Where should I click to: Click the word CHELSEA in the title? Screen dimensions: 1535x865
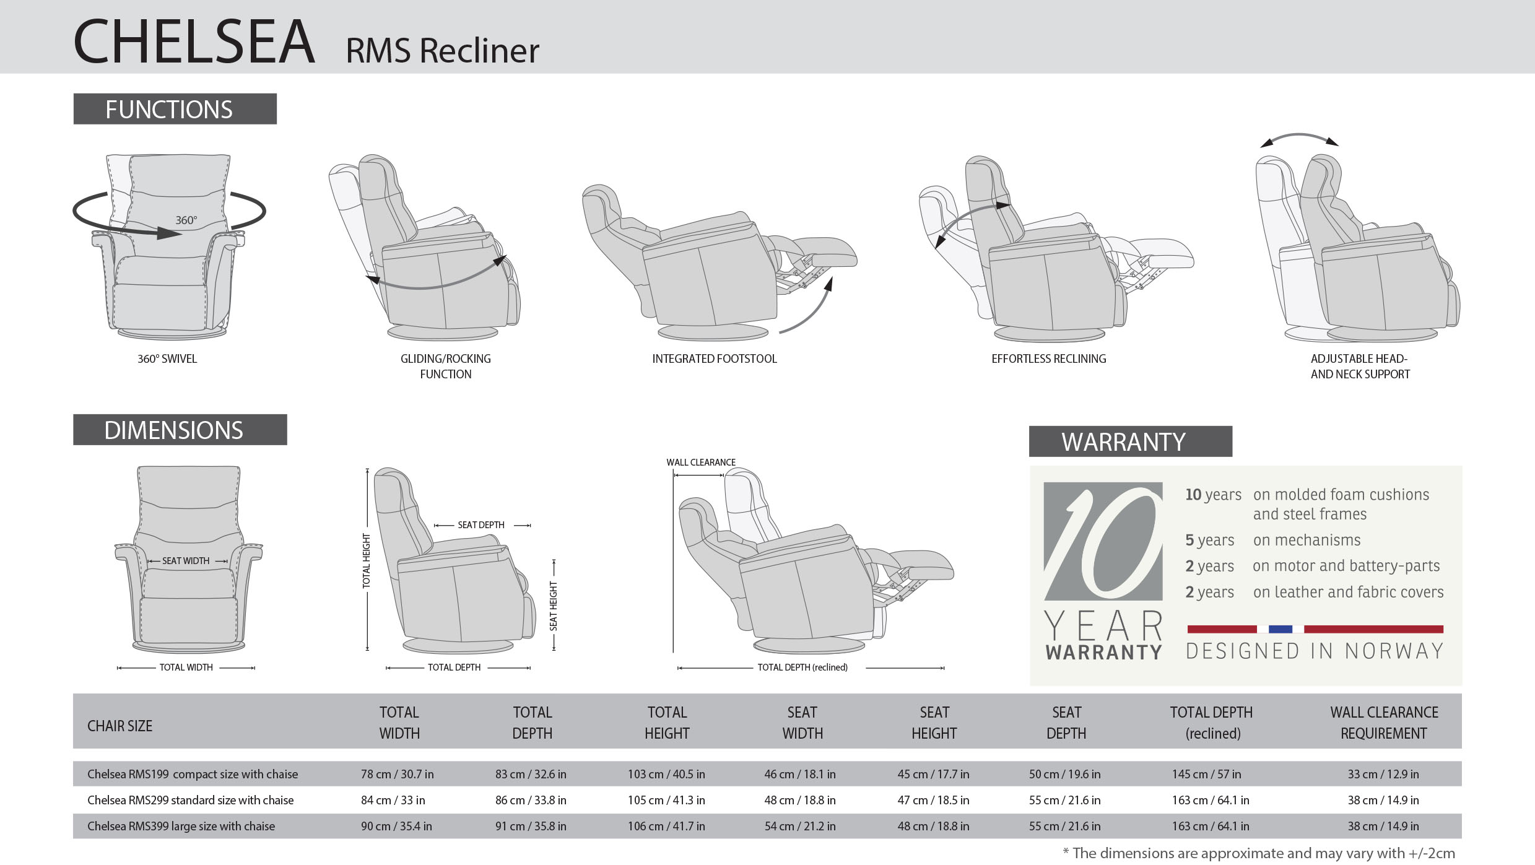[x=194, y=41]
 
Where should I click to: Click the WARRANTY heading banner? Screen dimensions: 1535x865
[x=1130, y=441]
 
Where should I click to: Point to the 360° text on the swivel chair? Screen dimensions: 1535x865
[x=186, y=220]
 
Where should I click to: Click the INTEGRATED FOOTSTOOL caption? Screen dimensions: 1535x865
[x=714, y=359]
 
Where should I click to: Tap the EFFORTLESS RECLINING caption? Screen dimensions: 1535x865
[x=1048, y=359]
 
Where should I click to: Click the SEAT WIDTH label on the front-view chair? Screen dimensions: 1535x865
[x=186, y=560]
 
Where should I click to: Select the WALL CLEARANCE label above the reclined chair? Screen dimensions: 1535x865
[x=701, y=462]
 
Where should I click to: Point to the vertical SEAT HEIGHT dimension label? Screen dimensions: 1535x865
[x=554, y=606]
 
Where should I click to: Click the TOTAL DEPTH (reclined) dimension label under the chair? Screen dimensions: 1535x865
[x=802, y=667]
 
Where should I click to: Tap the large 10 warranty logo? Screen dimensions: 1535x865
[x=1103, y=542]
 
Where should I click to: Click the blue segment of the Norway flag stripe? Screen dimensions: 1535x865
[x=1281, y=629]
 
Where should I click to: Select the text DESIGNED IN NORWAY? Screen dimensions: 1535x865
[x=1315, y=651]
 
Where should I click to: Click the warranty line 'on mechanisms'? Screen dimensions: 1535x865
[x=1307, y=540]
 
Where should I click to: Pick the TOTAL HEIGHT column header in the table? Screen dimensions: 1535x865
[x=667, y=723]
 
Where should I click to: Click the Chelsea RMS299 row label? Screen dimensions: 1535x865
[x=190, y=800]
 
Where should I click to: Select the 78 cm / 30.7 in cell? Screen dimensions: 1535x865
[x=397, y=774]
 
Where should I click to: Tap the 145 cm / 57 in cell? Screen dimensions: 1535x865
[x=1206, y=774]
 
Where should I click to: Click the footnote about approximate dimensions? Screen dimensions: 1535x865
[x=1259, y=853]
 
